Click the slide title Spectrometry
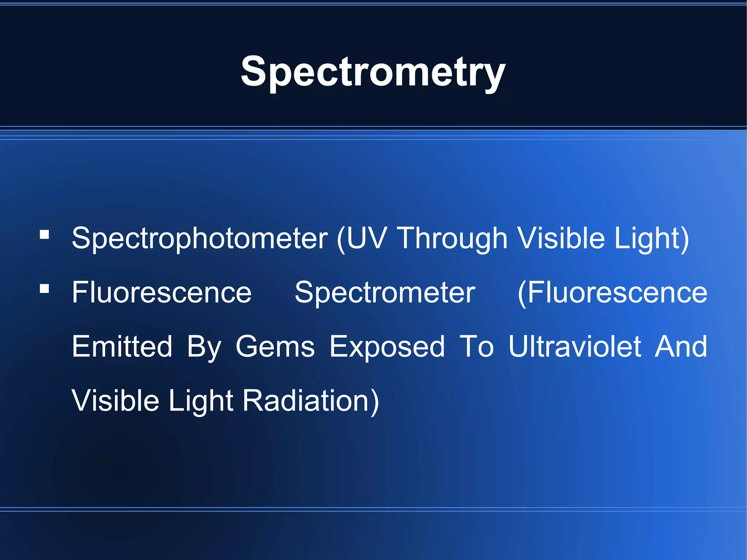tap(373, 72)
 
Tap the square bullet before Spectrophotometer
tap(44, 234)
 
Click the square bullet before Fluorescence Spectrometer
tap(44, 289)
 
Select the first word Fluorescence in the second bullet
tap(162, 293)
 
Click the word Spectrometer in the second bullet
tap(385, 293)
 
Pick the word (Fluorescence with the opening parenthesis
tap(612, 293)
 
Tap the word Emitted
tap(122, 347)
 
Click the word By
tap(204, 347)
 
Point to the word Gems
tap(275, 347)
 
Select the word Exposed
tap(387, 347)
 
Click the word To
tap(476, 347)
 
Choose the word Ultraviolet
tap(574, 347)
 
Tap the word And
tap(681, 347)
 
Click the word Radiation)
tap(311, 401)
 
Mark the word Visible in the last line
tap(115, 401)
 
